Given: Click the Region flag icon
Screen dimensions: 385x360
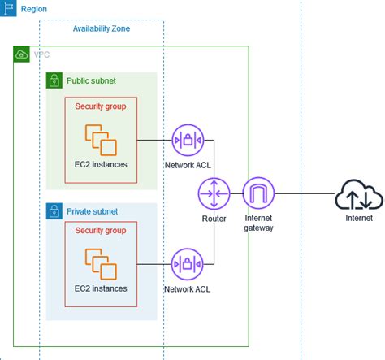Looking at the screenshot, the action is [8, 8].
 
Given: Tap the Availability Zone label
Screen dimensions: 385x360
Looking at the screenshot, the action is [102, 28].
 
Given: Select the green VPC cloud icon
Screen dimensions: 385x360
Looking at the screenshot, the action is [21, 54].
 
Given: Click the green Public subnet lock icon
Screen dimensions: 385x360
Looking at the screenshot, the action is [54, 80].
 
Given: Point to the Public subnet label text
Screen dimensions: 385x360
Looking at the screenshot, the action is [91, 80].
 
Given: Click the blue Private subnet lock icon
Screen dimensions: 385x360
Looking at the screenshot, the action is [54, 211].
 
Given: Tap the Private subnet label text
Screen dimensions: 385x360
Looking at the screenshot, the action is [92, 211].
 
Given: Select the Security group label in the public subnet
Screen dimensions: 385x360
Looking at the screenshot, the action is [101, 106].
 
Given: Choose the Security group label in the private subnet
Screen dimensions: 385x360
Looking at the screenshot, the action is [101, 231].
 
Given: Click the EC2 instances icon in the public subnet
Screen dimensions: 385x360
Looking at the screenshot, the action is [101, 140].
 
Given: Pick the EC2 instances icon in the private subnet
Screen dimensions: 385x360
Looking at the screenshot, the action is [101, 264].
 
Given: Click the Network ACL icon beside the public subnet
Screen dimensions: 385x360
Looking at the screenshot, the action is [188, 140].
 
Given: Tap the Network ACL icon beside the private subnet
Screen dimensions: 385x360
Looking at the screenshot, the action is [188, 264].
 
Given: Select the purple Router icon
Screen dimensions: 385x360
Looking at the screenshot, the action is [214, 194].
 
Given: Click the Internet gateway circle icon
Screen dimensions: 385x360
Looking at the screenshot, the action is [258, 193].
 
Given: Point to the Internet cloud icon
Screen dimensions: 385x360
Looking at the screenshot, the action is [359, 194].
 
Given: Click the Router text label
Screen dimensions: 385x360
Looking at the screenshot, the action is [214, 219].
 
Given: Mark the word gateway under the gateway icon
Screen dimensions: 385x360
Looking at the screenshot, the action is [258, 228].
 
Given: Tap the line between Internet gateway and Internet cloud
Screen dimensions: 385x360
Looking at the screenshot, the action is [305, 193].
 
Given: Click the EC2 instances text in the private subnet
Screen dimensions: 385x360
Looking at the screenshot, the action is [101, 288].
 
